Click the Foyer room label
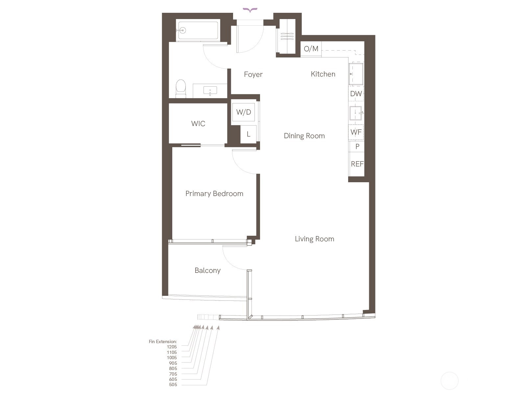253,75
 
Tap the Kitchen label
323,74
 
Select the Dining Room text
304,136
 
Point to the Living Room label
314,239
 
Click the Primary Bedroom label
214,194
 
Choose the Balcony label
207,271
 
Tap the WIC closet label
198,124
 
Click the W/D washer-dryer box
244,112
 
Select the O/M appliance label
311,49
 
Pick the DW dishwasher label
356,94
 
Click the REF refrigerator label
357,164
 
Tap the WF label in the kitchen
356,132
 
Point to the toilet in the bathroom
181,89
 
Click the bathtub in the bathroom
198,31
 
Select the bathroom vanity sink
210,91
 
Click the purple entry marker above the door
250,10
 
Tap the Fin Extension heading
163,341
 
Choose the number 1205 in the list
172,347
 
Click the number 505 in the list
173,385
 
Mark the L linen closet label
249,134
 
